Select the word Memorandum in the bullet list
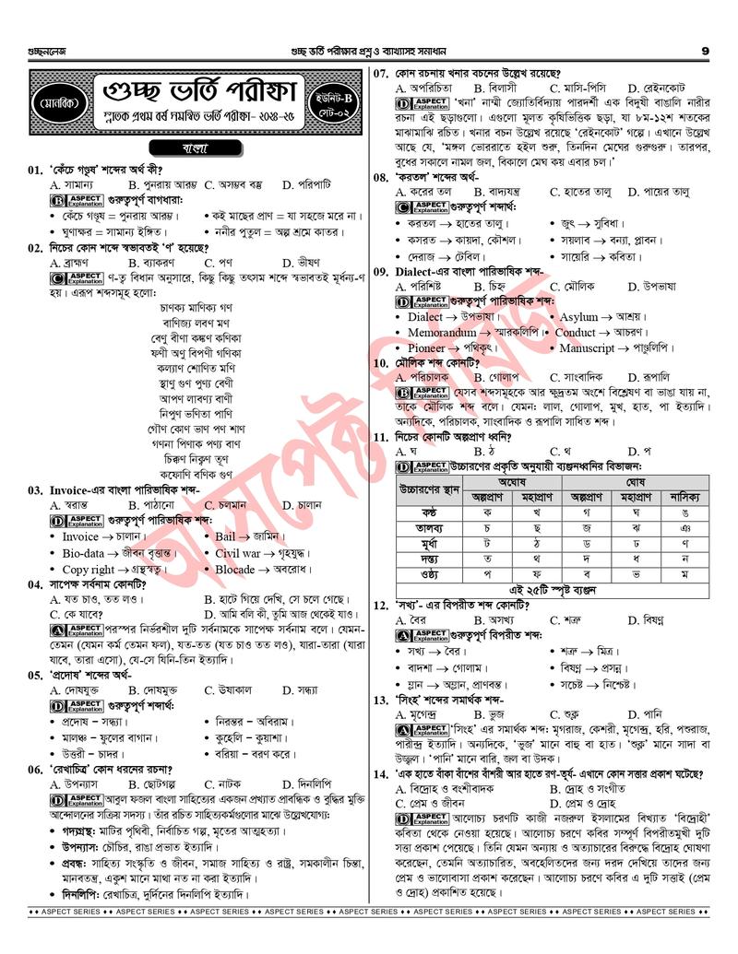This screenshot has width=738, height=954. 442,332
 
